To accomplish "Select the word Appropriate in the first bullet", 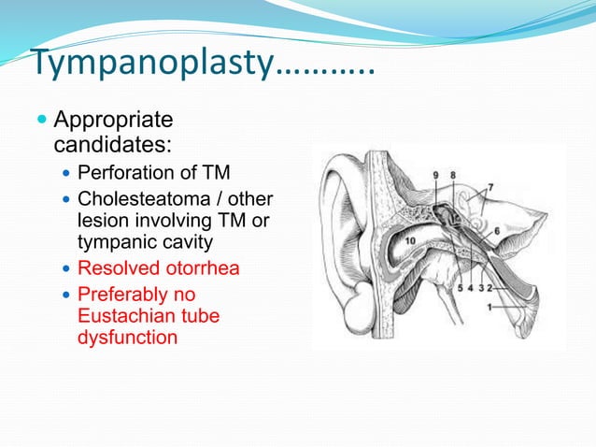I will [114, 121].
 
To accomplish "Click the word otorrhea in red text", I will [201, 268].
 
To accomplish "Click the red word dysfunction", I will [127, 338].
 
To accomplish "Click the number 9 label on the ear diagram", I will [436, 175].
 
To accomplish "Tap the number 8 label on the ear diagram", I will [452, 175].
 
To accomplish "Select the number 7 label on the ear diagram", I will [490, 188].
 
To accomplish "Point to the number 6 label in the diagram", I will [496, 230].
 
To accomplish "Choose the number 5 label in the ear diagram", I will [459, 289].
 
